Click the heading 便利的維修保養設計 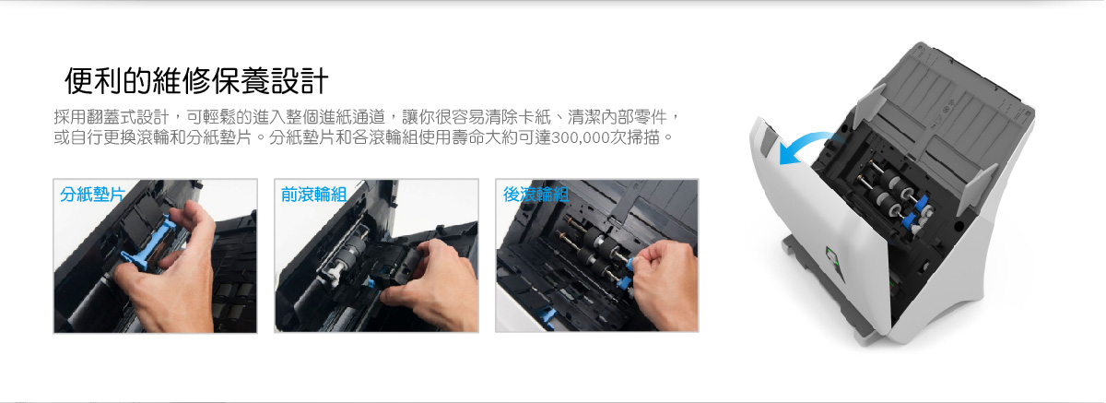click(x=196, y=80)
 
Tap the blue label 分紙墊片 click(x=92, y=194)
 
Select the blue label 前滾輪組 click(x=313, y=194)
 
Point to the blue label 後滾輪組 click(x=535, y=194)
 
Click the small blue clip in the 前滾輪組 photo click(x=370, y=283)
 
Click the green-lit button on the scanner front click(x=831, y=256)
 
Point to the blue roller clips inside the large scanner click(x=916, y=211)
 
